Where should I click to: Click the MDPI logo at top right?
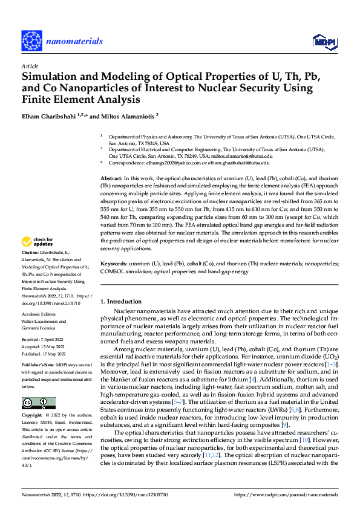tap(323, 41)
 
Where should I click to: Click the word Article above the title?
tap(30, 66)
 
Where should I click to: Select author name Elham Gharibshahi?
tap(47, 115)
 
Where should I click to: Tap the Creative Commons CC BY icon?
tap(38, 403)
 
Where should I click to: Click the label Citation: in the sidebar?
tap(30, 268)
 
